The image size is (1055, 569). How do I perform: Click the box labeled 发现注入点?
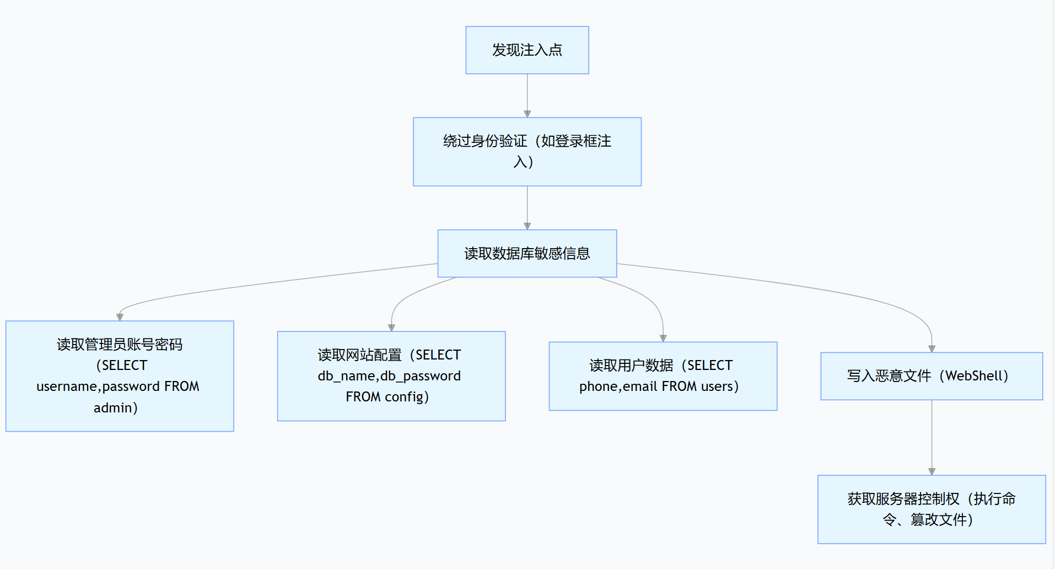[527, 50]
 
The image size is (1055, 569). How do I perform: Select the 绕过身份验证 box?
[527, 152]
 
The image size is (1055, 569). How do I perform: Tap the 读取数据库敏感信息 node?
[527, 253]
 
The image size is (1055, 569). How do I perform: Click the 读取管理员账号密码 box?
[120, 376]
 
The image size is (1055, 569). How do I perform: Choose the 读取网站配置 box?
[391, 376]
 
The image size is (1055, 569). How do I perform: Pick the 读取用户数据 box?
[663, 376]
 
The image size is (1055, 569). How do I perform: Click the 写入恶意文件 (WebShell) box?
[932, 376]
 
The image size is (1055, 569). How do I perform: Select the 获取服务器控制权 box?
[932, 509]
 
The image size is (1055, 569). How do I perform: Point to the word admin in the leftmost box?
[112, 408]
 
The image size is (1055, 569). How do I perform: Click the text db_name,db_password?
[389, 376]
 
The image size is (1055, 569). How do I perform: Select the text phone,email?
[618, 387]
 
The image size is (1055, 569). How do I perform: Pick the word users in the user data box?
[717, 387]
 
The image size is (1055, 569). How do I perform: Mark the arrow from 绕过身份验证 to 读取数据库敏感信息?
[527, 207]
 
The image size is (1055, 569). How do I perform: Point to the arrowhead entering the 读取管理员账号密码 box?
[120, 317]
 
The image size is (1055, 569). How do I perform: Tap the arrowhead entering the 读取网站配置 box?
[391, 328]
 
